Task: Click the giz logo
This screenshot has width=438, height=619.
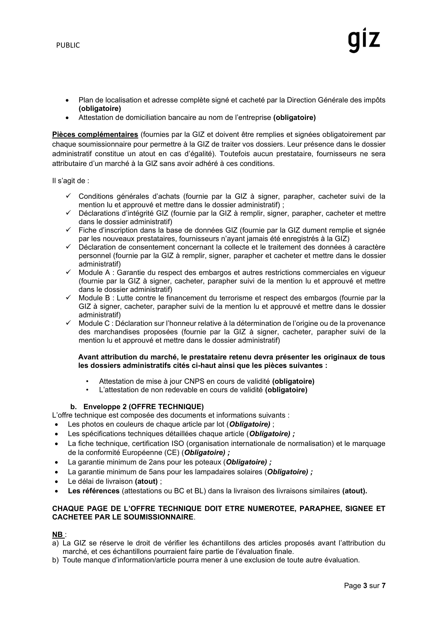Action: [x=364, y=40]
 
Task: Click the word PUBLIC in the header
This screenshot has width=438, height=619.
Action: [x=68, y=45]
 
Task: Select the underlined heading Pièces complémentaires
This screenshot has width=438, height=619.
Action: [x=95, y=134]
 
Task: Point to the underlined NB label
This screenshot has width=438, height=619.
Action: [x=58, y=534]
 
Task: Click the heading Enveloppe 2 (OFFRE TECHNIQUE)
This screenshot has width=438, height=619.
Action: [x=144, y=406]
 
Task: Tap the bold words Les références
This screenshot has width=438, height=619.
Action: [x=93, y=491]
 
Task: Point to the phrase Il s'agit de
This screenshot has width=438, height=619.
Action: [x=71, y=181]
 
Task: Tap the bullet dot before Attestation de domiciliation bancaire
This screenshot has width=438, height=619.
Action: [x=67, y=118]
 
